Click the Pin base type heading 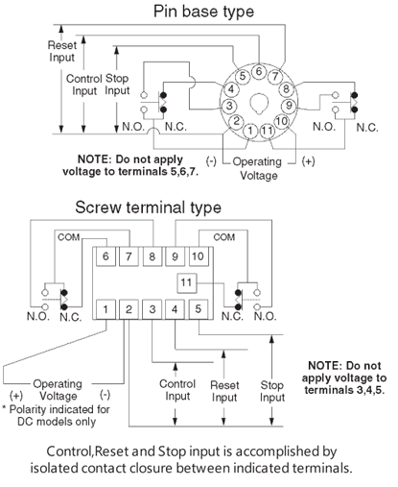click(x=203, y=12)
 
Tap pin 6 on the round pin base click(x=259, y=71)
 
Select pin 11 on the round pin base click(x=267, y=131)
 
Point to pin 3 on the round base click(x=229, y=106)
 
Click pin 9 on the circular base click(x=289, y=105)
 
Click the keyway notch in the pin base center click(x=259, y=103)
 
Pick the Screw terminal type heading click(x=148, y=207)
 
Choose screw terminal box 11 click(x=187, y=283)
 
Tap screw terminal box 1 click(x=105, y=309)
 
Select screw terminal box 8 click(x=152, y=256)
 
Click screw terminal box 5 click(x=199, y=309)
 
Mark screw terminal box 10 click(x=199, y=256)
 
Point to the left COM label click(x=69, y=237)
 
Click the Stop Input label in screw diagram click(x=272, y=391)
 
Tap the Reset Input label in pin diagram click(x=62, y=51)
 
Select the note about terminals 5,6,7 click(x=130, y=165)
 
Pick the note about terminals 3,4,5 click(x=344, y=377)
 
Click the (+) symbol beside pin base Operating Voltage click(x=308, y=161)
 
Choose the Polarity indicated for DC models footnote click(x=57, y=415)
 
